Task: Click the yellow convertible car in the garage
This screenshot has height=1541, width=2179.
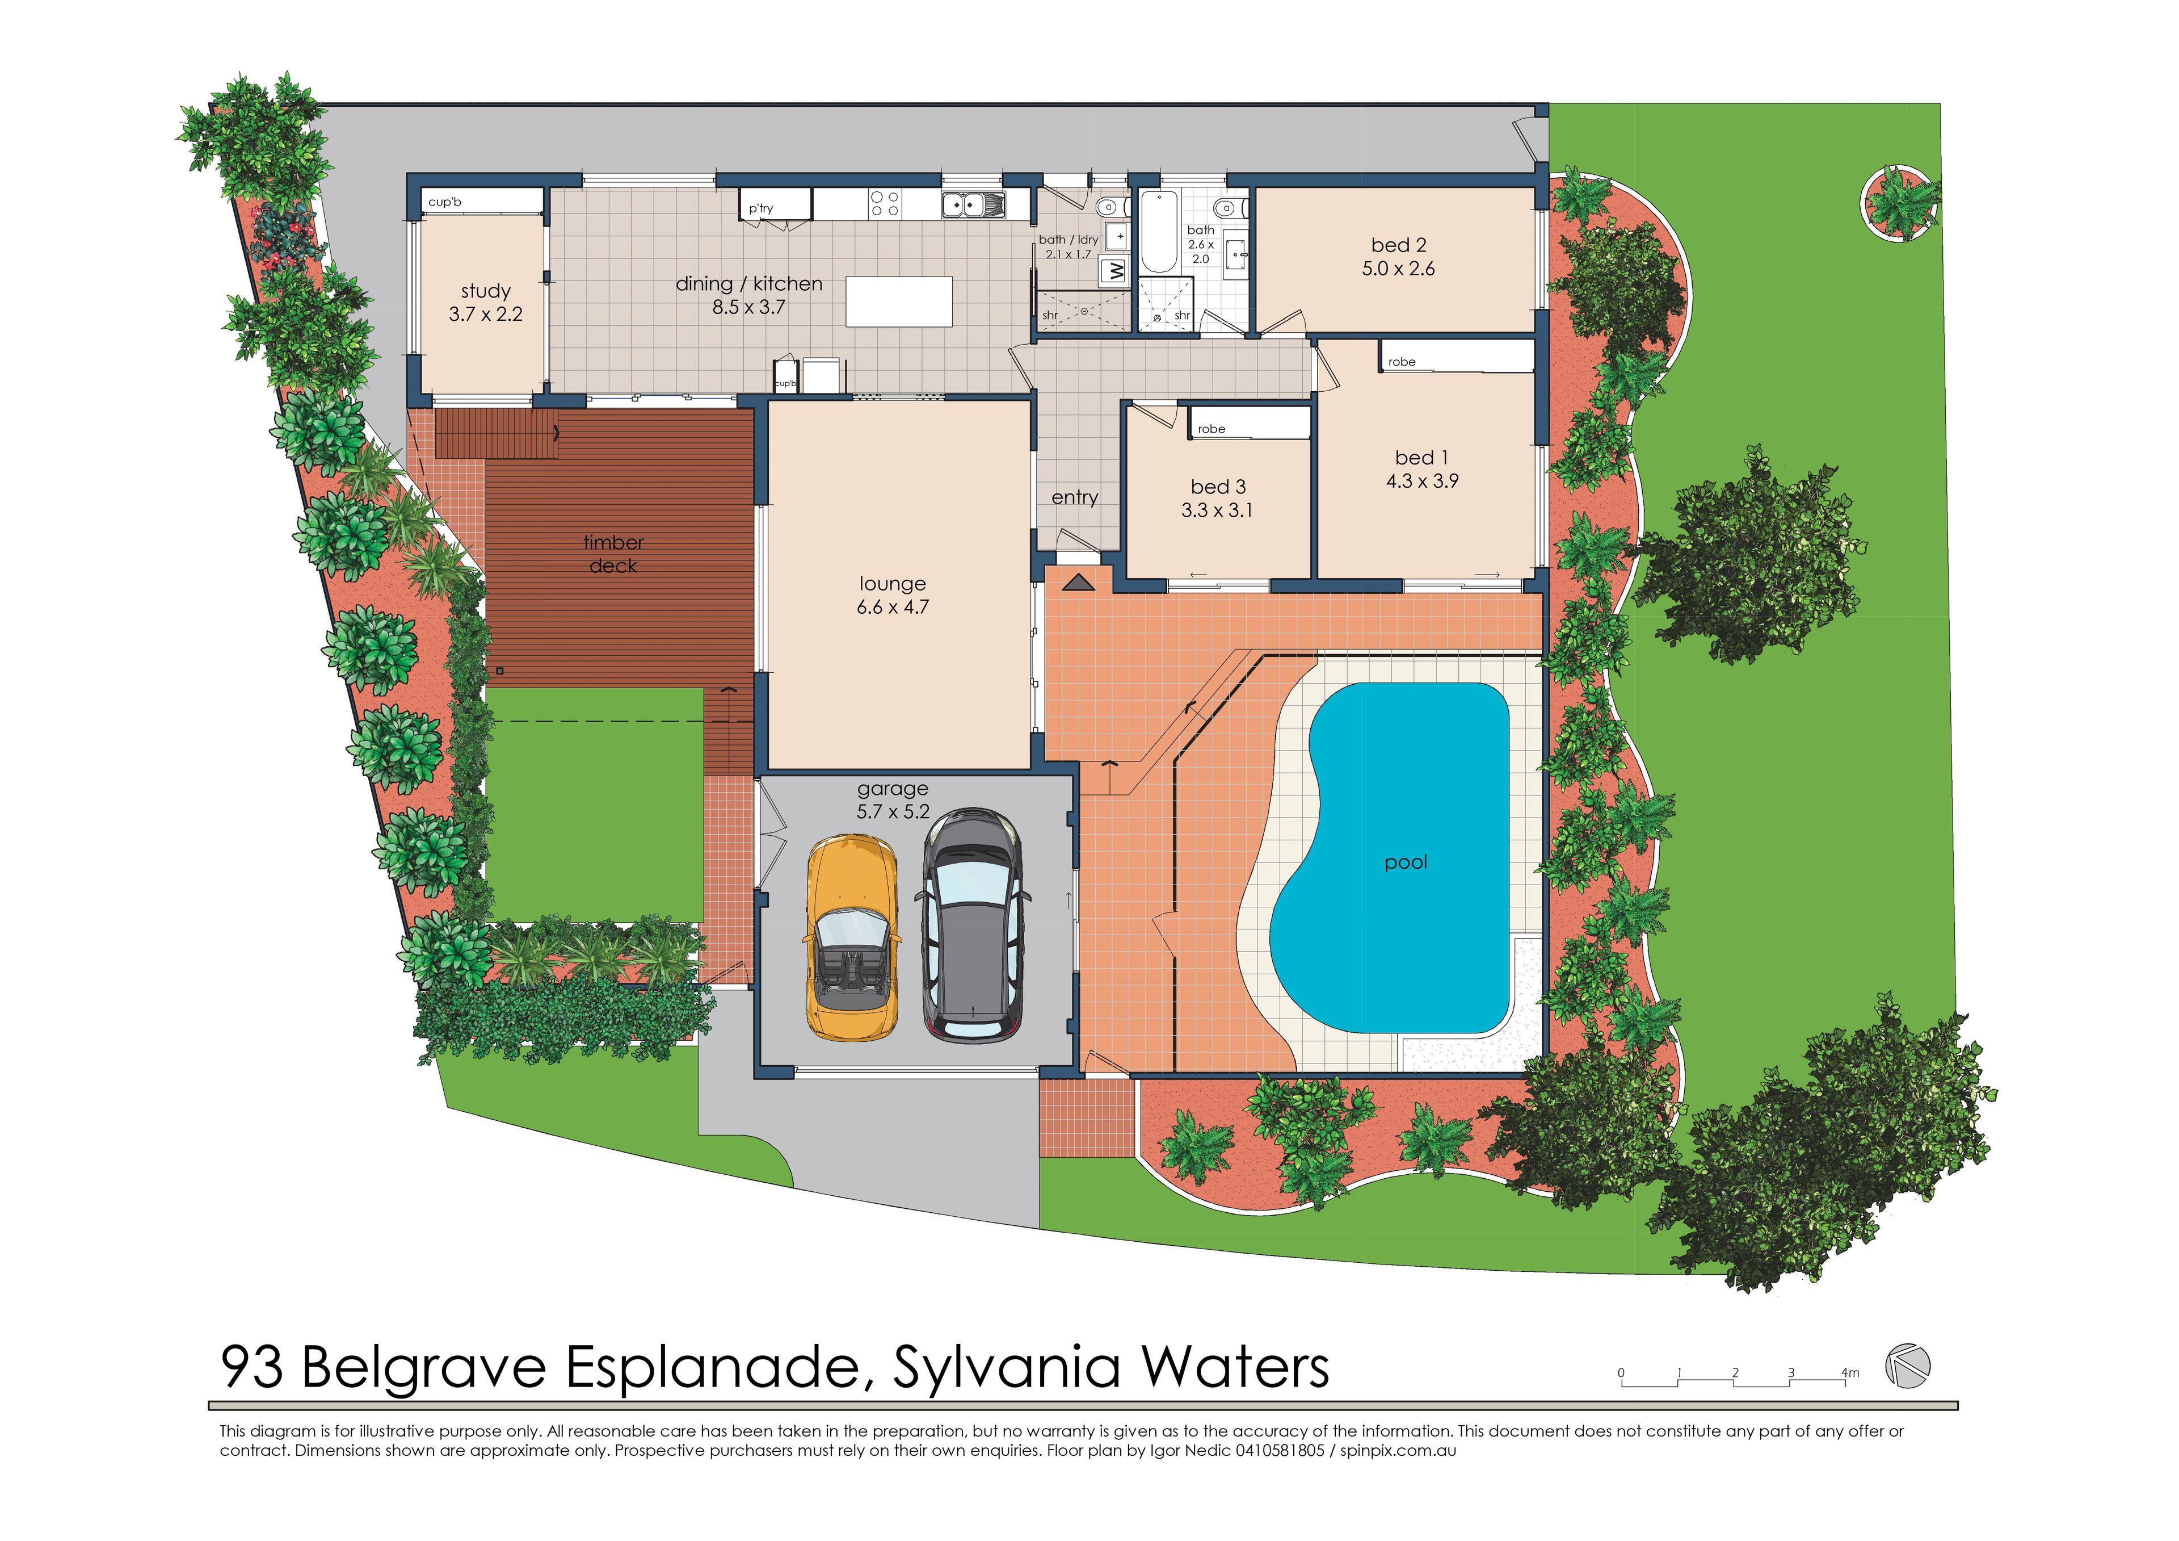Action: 851,938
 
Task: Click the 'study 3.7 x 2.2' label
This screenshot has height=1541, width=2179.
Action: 485,302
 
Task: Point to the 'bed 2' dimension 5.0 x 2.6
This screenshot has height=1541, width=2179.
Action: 1398,269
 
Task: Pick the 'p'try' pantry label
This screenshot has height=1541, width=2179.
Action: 761,208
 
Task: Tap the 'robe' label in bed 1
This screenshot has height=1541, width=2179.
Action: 1401,362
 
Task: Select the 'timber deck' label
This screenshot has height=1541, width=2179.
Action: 613,554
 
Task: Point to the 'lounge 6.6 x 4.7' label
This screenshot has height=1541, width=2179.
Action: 892,595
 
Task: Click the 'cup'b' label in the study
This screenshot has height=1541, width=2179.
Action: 444,202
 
